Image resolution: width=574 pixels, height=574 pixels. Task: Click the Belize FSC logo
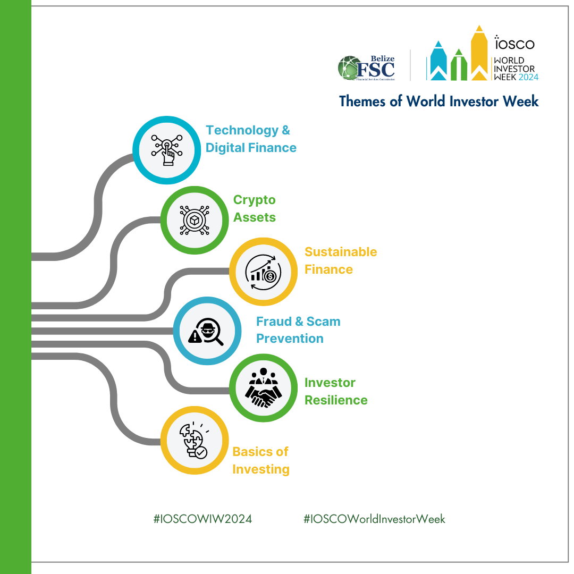pos(366,67)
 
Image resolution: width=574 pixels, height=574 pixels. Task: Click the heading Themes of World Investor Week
pos(438,101)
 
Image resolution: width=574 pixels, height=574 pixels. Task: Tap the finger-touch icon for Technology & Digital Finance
pos(167,150)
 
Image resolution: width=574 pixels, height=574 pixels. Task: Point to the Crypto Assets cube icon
pos(195,220)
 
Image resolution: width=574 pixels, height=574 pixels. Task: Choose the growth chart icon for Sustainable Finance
pos(263,272)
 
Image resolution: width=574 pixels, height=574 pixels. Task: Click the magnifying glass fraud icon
pos(206,331)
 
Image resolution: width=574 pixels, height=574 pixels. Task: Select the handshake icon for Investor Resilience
pos(263,387)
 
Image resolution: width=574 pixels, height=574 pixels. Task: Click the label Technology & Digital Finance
pos(251,139)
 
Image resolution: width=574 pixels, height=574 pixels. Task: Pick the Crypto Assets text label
pos(255,208)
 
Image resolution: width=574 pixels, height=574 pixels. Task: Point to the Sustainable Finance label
pos(341,260)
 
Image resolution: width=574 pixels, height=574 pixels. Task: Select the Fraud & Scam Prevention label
pos(298,330)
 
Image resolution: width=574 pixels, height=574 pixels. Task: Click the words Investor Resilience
pos(336,391)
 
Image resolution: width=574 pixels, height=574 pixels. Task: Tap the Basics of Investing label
pos(260,460)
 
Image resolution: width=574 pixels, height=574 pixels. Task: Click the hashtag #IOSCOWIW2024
pos(202,519)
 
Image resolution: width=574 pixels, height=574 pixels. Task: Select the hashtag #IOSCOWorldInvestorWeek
pos(374,519)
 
